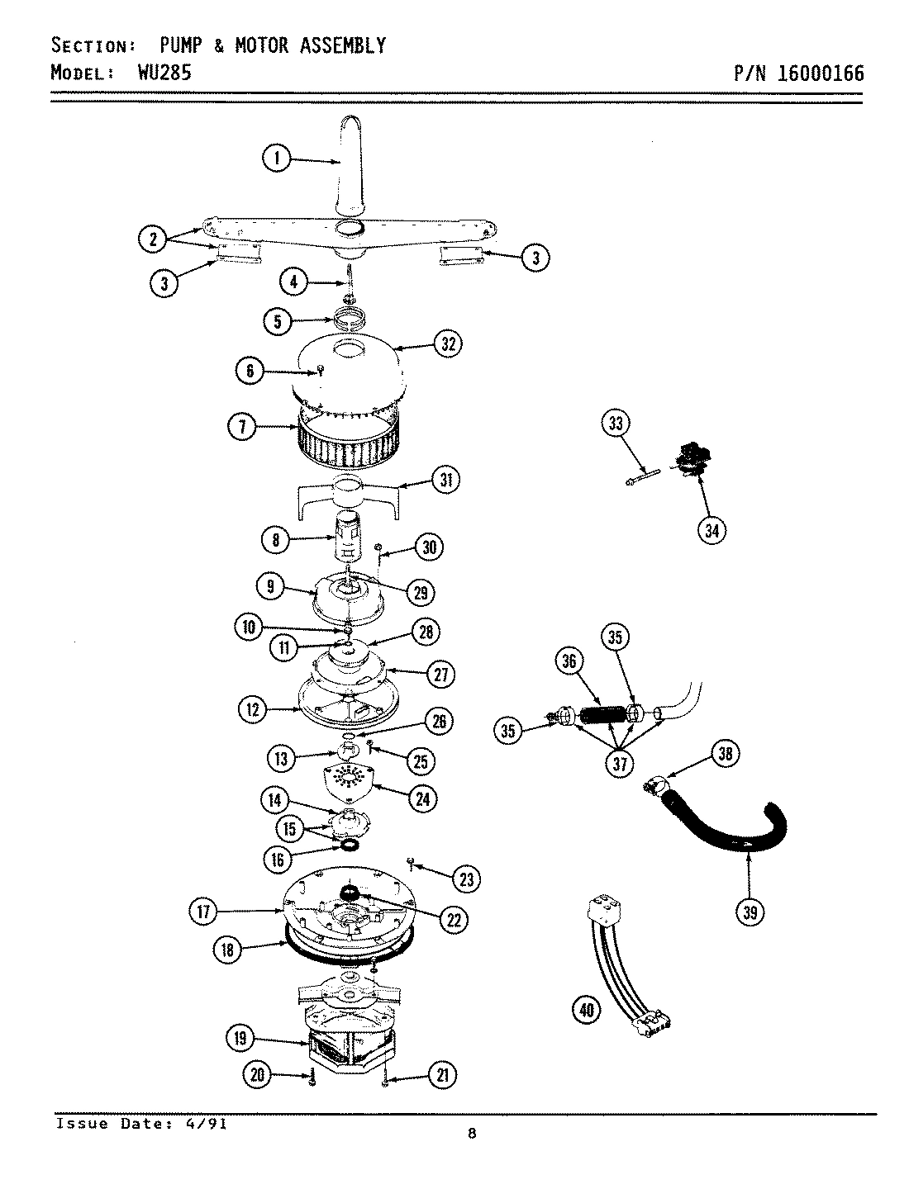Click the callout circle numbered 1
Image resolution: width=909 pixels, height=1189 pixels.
click(277, 158)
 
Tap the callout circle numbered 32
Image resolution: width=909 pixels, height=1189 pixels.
click(448, 344)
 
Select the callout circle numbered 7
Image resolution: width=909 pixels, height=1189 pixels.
click(241, 427)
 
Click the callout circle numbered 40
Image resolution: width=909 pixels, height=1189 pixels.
click(587, 1008)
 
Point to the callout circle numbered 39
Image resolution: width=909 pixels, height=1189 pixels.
click(750, 912)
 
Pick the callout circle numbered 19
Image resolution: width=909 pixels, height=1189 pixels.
click(240, 1038)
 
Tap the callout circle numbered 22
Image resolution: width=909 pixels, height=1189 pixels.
click(453, 919)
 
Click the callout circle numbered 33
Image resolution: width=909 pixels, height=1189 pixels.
click(616, 424)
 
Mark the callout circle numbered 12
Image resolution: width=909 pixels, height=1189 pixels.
click(254, 708)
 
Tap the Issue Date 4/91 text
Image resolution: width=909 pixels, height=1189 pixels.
click(140, 1124)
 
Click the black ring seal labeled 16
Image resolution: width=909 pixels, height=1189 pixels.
click(350, 845)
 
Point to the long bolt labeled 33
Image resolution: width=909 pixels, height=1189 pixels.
click(643, 476)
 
